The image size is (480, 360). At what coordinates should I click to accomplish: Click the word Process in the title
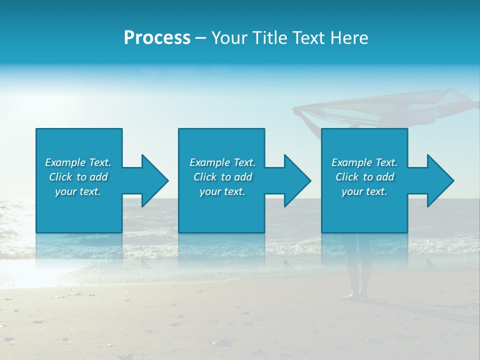(x=157, y=38)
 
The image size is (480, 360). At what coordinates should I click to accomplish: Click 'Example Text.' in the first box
(x=78, y=162)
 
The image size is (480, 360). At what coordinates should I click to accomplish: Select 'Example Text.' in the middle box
(x=222, y=162)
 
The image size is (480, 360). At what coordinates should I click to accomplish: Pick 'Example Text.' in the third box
(x=364, y=162)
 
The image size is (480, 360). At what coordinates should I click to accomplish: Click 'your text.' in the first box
(x=78, y=191)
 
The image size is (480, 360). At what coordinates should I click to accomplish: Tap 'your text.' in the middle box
(x=222, y=191)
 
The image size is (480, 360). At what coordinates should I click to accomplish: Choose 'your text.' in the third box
(x=364, y=191)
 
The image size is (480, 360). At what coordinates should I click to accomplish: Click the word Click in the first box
(x=60, y=177)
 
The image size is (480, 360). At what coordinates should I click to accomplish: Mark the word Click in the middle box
(x=205, y=177)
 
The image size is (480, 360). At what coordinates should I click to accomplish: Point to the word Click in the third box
(x=347, y=177)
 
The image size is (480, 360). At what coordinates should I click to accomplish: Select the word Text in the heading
(x=306, y=38)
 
